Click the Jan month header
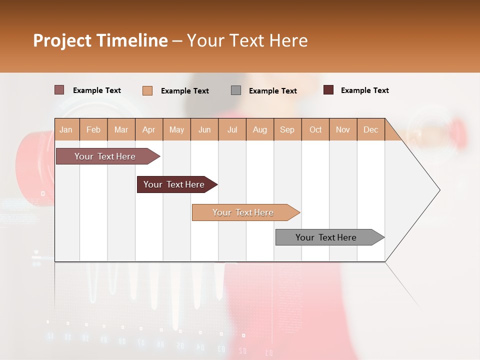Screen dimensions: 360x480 pyautogui.click(x=66, y=129)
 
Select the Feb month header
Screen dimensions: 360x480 pyautogui.click(x=93, y=129)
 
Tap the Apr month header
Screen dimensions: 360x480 pyautogui.click(x=149, y=129)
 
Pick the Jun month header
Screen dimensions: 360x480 pyautogui.click(x=204, y=129)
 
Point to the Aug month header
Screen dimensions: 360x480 pyautogui.click(x=260, y=129)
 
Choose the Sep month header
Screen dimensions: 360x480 pyautogui.click(x=287, y=129)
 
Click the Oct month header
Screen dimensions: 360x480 pyautogui.click(x=315, y=129)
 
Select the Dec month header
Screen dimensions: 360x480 pyautogui.click(x=371, y=129)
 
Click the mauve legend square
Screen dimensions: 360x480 pyautogui.click(x=59, y=90)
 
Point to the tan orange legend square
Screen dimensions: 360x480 pyautogui.click(x=147, y=90)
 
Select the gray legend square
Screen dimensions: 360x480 pyautogui.click(x=236, y=90)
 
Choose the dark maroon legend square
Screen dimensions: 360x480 pyautogui.click(x=328, y=90)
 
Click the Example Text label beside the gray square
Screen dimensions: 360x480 pyautogui.click(x=273, y=91)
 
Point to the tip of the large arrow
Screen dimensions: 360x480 pyautogui.click(x=439, y=190)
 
